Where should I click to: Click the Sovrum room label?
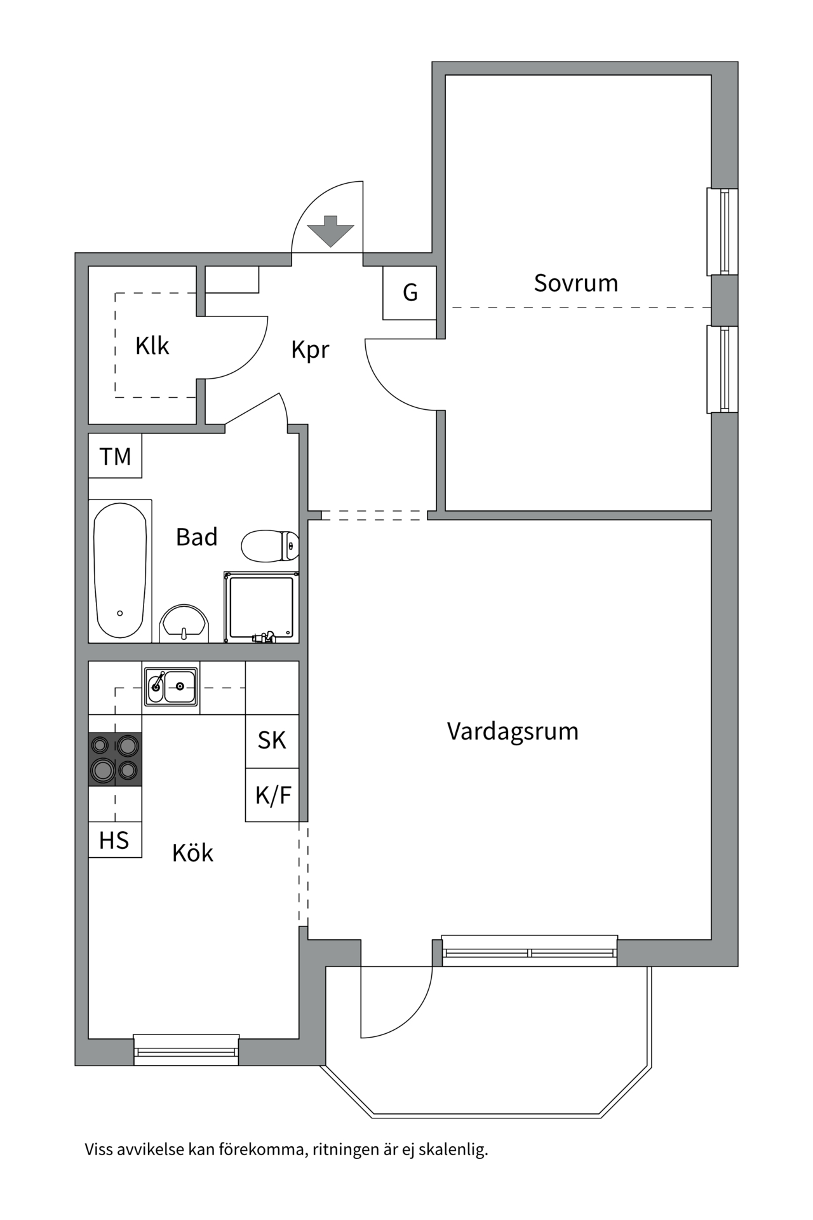point(575,283)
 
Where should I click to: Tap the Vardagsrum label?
point(513,731)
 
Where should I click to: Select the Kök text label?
point(192,853)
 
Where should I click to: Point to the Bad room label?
point(196,538)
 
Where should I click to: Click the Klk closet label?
point(152,346)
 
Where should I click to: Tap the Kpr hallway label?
point(310,349)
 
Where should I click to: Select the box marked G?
point(410,293)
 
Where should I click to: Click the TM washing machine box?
point(115,456)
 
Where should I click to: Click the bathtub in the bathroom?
point(120,571)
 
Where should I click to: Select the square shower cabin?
point(261,607)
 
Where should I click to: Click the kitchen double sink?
point(171,686)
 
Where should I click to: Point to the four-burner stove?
point(115,759)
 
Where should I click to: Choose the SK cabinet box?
point(272,741)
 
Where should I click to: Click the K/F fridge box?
point(272,796)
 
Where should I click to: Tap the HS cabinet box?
point(114,841)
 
